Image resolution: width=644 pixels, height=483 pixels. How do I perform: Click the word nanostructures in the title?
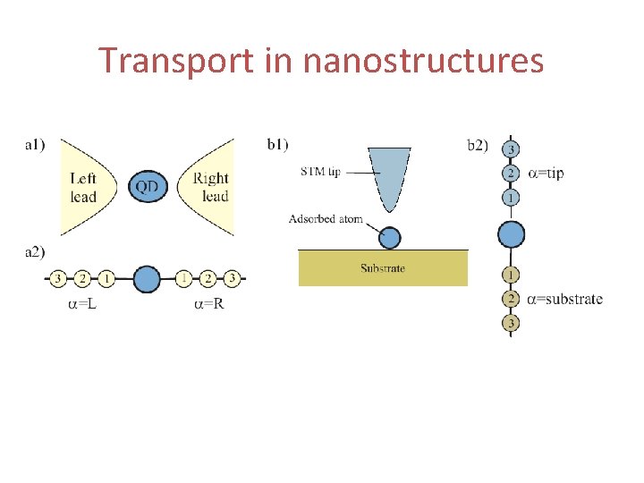click(x=423, y=62)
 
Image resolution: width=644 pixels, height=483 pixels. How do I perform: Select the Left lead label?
click(x=83, y=188)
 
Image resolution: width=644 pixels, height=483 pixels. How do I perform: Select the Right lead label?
click(x=211, y=188)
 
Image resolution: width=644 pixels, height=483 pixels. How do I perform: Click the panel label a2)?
click(x=36, y=252)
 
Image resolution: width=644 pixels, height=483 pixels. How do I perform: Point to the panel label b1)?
click(x=278, y=143)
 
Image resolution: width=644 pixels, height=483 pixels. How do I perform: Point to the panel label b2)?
click(x=479, y=144)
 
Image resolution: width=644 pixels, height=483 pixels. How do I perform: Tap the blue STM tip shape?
click(x=393, y=179)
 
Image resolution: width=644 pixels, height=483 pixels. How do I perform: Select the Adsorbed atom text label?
click(x=326, y=219)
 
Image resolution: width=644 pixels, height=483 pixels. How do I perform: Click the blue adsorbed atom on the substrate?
click(x=389, y=237)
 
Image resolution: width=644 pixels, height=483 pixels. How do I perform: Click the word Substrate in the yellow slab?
click(x=383, y=268)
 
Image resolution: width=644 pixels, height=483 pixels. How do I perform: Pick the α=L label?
click(x=83, y=305)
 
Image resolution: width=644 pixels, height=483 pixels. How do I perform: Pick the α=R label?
click(x=210, y=305)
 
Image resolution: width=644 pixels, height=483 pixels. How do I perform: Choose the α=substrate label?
click(x=564, y=299)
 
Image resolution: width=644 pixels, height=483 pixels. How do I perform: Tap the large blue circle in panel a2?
click(x=146, y=279)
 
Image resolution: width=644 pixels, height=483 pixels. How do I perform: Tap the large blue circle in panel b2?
click(x=511, y=234)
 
